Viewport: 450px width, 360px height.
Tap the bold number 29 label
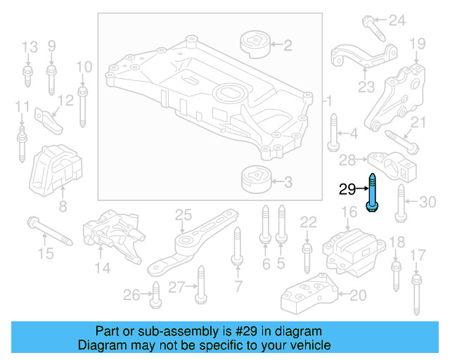(x=347, y=189)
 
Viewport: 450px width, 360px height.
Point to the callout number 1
(x=327, y=102)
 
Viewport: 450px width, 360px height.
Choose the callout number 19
(x=418, y=44)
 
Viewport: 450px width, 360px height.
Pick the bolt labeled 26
(x=155, y=295)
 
